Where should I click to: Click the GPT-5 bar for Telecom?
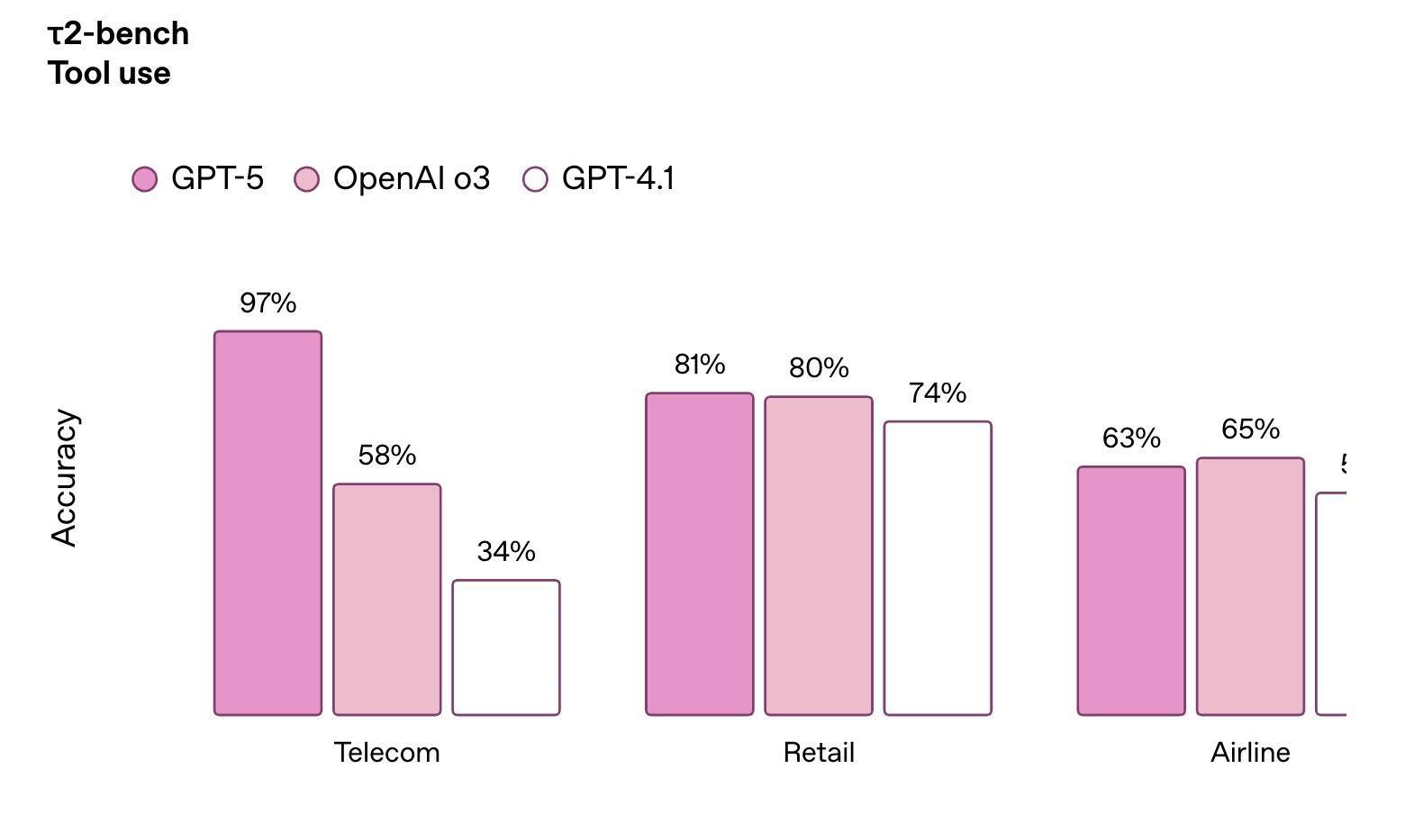267,523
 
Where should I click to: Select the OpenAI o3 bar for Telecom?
387,600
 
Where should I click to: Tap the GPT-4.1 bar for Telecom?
506,647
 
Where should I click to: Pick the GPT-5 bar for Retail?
700,554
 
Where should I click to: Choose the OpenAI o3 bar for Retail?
819,556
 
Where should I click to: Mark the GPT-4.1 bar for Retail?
938,568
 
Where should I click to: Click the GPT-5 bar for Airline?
1131,591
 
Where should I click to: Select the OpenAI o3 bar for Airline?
1250,586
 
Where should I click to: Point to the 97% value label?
267,303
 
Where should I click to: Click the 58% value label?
387,456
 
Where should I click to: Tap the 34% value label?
506,551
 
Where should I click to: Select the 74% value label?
938,393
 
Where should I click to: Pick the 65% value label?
1250,430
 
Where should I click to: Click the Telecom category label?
387,753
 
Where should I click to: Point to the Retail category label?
819,753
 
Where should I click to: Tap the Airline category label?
1250,753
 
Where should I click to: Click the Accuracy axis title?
65,477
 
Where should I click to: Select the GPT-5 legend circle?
145,179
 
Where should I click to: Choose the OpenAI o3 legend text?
412,178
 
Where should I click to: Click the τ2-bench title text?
118,34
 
